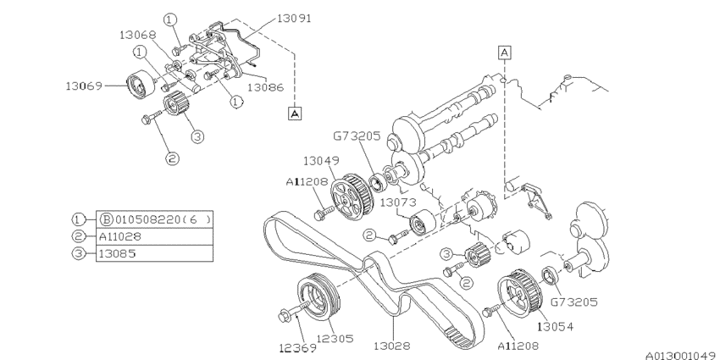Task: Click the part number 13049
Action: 323,160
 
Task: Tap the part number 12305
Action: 335,339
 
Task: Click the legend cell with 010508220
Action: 152,219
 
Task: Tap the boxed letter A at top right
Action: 505,53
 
